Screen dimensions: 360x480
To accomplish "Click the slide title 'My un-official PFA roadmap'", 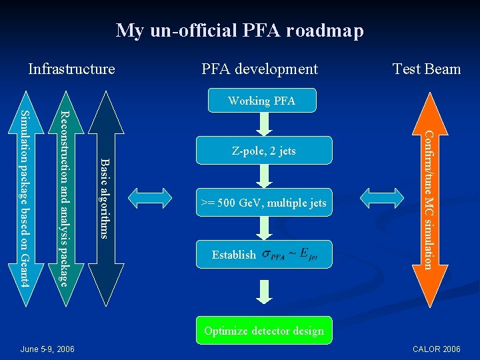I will (239, 31).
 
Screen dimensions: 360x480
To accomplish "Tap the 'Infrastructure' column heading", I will (71, 69).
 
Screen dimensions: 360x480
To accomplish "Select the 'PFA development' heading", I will (259, 69).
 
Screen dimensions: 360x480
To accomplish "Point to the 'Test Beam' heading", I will (427, 69).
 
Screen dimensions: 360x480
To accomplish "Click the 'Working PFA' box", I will (261, 101).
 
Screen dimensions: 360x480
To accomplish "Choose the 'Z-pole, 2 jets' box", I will (263, 151).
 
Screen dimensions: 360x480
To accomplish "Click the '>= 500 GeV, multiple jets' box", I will (263, 203).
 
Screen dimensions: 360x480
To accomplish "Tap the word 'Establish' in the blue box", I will (233, 255).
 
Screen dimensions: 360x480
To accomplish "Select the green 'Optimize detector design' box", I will (264, 331).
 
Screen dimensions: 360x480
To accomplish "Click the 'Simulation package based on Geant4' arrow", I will (24, 193).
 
